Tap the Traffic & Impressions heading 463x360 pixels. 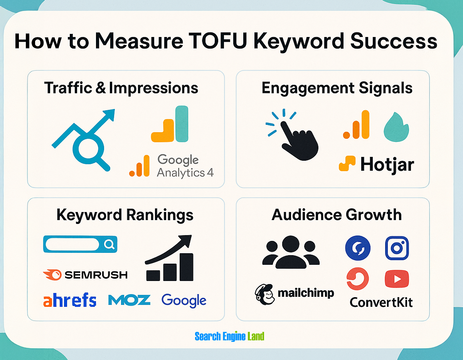[x=121, y=88]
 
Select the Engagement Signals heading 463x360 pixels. [x=337, y=88]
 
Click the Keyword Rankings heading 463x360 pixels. [x=125, y=215]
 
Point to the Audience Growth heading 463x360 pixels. [x=337, y=215]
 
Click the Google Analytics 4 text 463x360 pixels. [x=185, y=166]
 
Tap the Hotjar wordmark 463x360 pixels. [x=387, y=165]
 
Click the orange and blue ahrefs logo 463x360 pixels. [x=69, y=300]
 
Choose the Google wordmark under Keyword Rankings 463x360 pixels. [x=184, y=301]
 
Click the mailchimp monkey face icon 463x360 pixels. [x=264, y=294]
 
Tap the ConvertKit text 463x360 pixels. [x=381, y=302]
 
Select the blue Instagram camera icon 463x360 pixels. [x=397, y=248]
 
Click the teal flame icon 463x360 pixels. [x=396, y=127]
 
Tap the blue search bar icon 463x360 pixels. [x=80, y=244]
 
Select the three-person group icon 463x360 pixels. [x=290, y=252]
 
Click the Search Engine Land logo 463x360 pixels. [x=229, y=336]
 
